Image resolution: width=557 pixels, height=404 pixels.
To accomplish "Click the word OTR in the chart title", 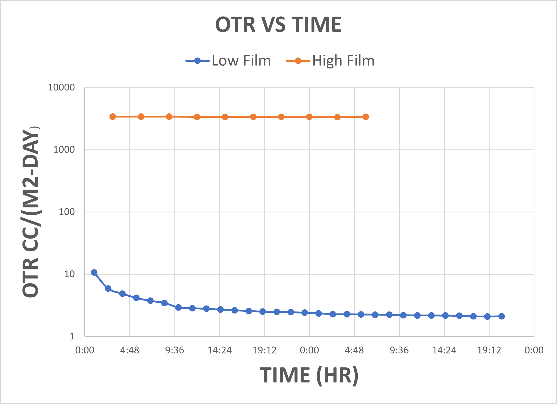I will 236,25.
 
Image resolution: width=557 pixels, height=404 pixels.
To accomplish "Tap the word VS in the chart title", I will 273,25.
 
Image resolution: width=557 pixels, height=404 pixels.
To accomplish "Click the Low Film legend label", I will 241,61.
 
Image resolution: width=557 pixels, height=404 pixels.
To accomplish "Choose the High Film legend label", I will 343,61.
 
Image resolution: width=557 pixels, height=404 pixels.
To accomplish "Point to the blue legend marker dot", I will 197,61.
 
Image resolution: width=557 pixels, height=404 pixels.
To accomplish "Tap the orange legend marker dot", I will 298,61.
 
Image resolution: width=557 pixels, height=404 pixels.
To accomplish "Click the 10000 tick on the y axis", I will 61,87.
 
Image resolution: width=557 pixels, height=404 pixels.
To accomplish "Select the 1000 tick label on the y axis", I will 64,150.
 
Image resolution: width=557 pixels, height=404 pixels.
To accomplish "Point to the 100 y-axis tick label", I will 67,212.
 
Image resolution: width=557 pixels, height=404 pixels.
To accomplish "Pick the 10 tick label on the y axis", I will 69,274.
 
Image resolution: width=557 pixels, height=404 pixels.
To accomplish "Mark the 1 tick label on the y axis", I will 72,336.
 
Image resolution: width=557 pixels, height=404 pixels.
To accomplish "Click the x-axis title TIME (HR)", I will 309,375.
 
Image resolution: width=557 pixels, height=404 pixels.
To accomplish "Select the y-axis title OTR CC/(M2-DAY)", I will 31,213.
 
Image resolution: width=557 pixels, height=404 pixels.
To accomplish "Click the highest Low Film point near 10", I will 94,272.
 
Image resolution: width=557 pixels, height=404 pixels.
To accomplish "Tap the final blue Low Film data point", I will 501,316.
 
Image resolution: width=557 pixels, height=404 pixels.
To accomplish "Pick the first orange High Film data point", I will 113,117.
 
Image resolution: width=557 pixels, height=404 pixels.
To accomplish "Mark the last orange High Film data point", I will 366,117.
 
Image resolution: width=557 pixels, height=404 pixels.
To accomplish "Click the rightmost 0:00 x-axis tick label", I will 534,350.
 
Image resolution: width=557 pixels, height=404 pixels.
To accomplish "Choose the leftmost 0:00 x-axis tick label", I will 85,350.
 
